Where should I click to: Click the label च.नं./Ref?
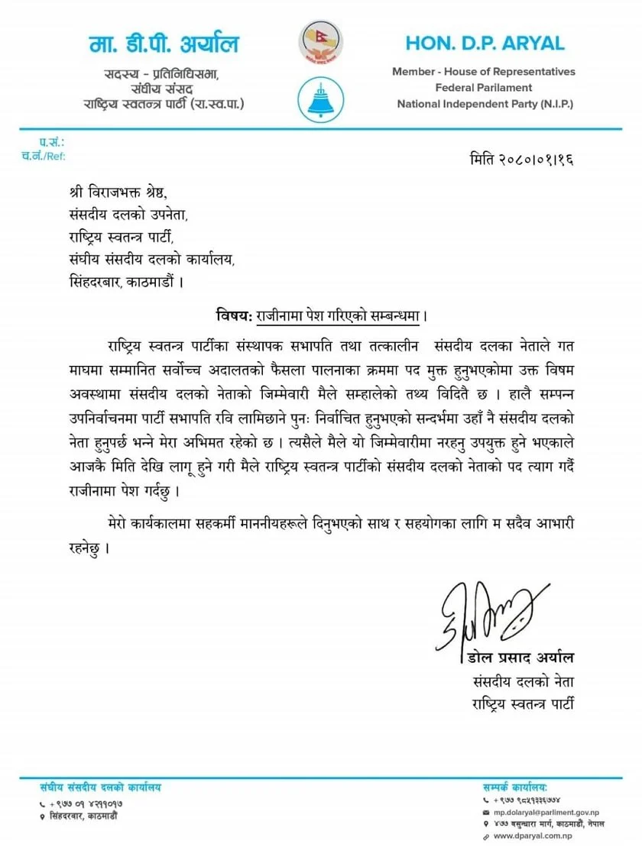click(x=44, y=156)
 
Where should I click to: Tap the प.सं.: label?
click(x=53, y=143)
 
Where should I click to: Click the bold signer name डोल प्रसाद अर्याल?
click(x=520, y=658)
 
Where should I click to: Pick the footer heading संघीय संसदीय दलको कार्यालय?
click(x=102, y=787)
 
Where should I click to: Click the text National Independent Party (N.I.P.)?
click(x=485, y=103)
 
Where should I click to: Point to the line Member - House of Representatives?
click(x=484, y=72)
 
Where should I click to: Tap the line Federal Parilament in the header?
click(x=484, y=88)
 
